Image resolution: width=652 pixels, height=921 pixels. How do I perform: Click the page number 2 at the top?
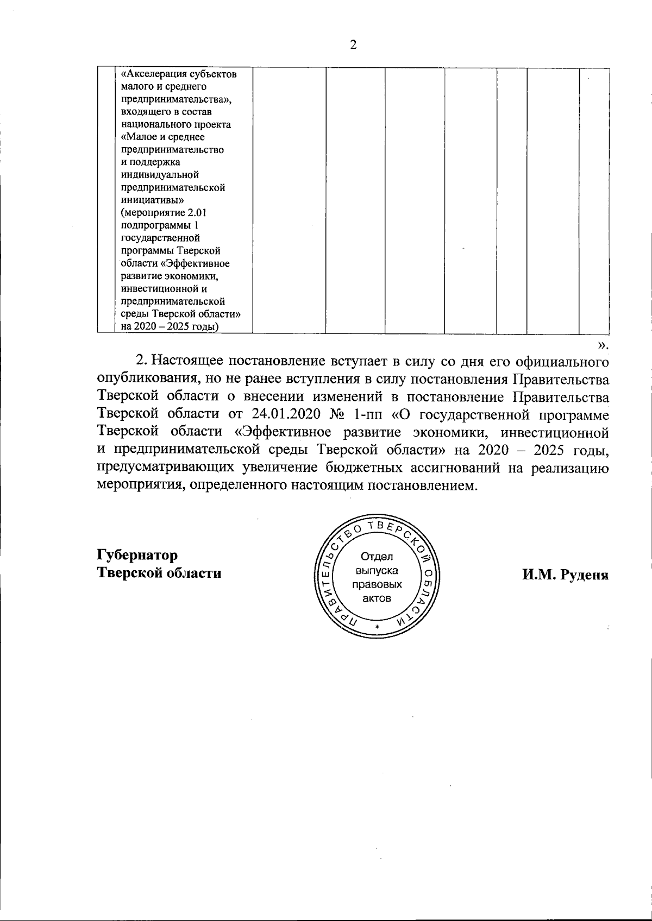click(353, 45)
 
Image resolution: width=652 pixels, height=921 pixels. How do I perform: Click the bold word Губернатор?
click(137, 556)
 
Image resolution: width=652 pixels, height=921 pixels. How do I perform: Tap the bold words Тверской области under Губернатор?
click(159, 573)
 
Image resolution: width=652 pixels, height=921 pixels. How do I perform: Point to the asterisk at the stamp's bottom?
click(377, 627)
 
